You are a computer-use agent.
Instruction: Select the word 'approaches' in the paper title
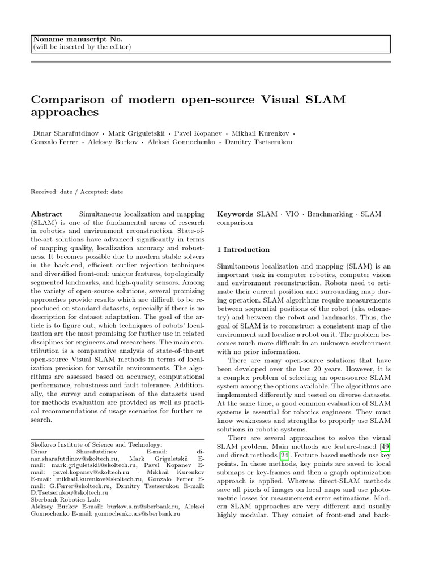pyautogui.click(x=65, y=113)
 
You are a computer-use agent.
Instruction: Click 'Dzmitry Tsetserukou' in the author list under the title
pyautogui.click(x=259, y=142)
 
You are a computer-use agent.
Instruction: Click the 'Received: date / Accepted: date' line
pyautogui.click(x=76, y=192)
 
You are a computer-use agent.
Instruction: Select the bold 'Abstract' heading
pyautogui.click(x=46, y=214)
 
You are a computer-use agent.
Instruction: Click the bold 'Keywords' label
pyautogui.click(x=235, y=214)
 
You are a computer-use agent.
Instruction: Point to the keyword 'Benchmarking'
pyautogui.click(x=330, y=214)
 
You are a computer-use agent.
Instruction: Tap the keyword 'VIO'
pyautogui.click(x=293, y=214)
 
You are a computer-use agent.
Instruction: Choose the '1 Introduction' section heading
pyautogui.click(x=244, y=249)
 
